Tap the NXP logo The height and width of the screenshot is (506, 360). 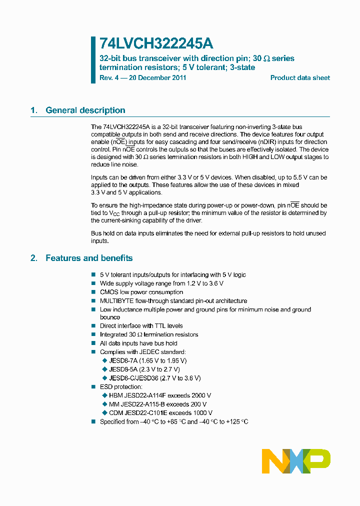click(x=296, y=461)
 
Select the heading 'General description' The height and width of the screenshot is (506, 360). click(x=85, y=110)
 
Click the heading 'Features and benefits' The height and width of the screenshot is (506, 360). click(x=89, y=258)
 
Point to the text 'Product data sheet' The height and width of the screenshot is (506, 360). click(x=300, y=78)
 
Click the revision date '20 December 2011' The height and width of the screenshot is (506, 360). click(x=158, y=78)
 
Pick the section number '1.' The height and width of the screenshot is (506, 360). click(x=34, y=110)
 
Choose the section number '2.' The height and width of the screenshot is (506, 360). click(x=34, y=258)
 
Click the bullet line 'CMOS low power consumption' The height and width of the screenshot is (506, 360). click(x=141, y=292)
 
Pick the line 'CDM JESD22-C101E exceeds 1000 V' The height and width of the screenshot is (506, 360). click(x=160, y=412)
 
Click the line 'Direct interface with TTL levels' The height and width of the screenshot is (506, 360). click(x=141, y=326)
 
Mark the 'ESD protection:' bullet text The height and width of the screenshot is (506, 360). click(x=121, y=386)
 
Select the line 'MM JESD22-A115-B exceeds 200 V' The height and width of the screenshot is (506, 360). click(x=157, y=404)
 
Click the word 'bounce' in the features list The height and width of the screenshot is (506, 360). click(x=110, y=317)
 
